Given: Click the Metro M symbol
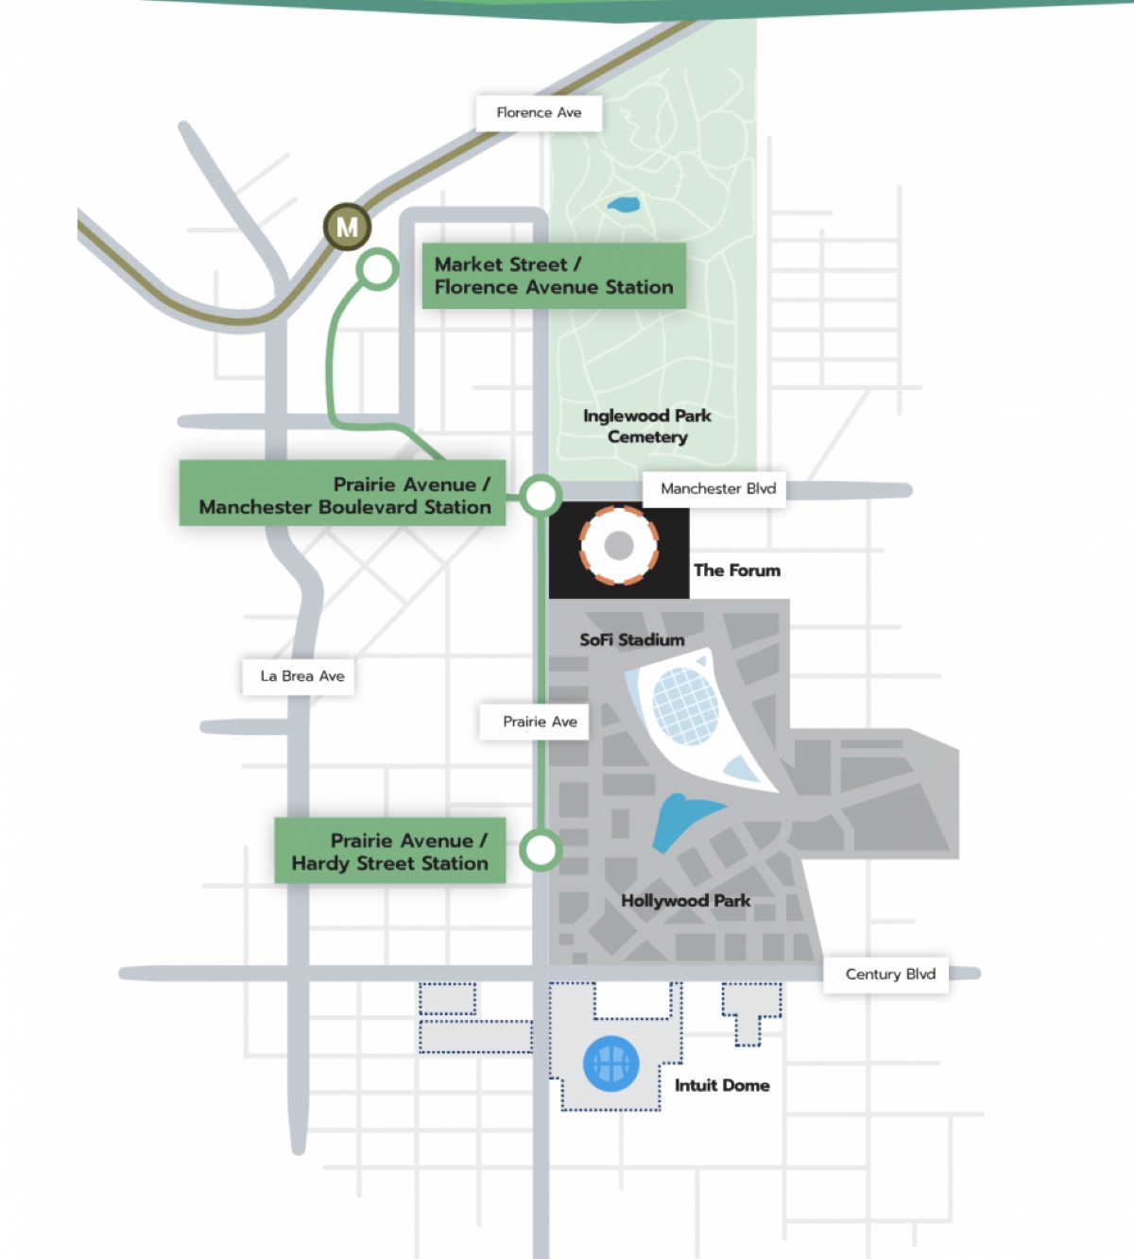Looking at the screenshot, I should click(x=347, y=227).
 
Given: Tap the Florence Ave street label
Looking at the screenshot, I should click(x=539, y=112).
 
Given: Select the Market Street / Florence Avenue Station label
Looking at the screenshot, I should click(x=554, y=276).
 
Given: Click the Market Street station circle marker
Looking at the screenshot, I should click(x=377, y=269).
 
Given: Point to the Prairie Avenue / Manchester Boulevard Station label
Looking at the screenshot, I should click(x=343, y=495).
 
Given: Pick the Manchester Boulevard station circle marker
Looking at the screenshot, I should click(x=541, y=495).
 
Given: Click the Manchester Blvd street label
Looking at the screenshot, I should click(x=717, y=488).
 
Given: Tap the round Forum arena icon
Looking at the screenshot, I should click(x=618, y=545).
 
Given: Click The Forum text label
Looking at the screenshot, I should click(x=737, y=570).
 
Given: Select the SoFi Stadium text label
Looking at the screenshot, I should click(x=631, y=639).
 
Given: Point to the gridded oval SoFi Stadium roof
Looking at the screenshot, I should click(x=684, y=705).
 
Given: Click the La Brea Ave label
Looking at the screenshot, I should click(x=301, y=676).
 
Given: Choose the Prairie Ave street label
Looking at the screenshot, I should click(x=539, y=722).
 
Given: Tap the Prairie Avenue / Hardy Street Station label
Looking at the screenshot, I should click(x=389, y=851).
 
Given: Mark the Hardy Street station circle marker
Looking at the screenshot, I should click(x=541, y=850).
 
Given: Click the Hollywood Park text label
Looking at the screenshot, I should click(x=685, y=901).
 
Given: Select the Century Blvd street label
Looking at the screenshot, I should click(x=889, y=974).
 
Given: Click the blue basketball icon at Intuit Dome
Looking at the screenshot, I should click(x=610, y=1064).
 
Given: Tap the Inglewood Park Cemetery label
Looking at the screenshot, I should click(x=647, y=426).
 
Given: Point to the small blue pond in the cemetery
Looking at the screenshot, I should click(x=623, y=204).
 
